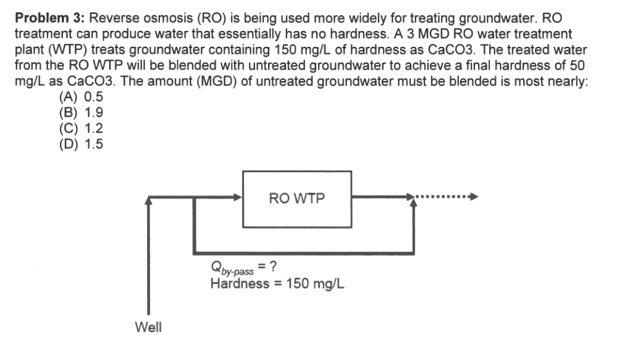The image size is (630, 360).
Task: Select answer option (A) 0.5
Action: (81, 97)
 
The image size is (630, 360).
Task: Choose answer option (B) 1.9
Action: (81, 113)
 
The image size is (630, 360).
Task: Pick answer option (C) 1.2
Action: (81, 128)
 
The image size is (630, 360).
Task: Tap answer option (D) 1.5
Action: (81, 144)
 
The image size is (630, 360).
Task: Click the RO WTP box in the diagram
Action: (296, 199)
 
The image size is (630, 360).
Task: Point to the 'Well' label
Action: (148, 327)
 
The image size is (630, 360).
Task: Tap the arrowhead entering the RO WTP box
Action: (238, 198)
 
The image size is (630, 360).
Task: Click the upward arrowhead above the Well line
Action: (148, 199)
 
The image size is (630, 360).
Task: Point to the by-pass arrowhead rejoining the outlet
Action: (411, 203)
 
